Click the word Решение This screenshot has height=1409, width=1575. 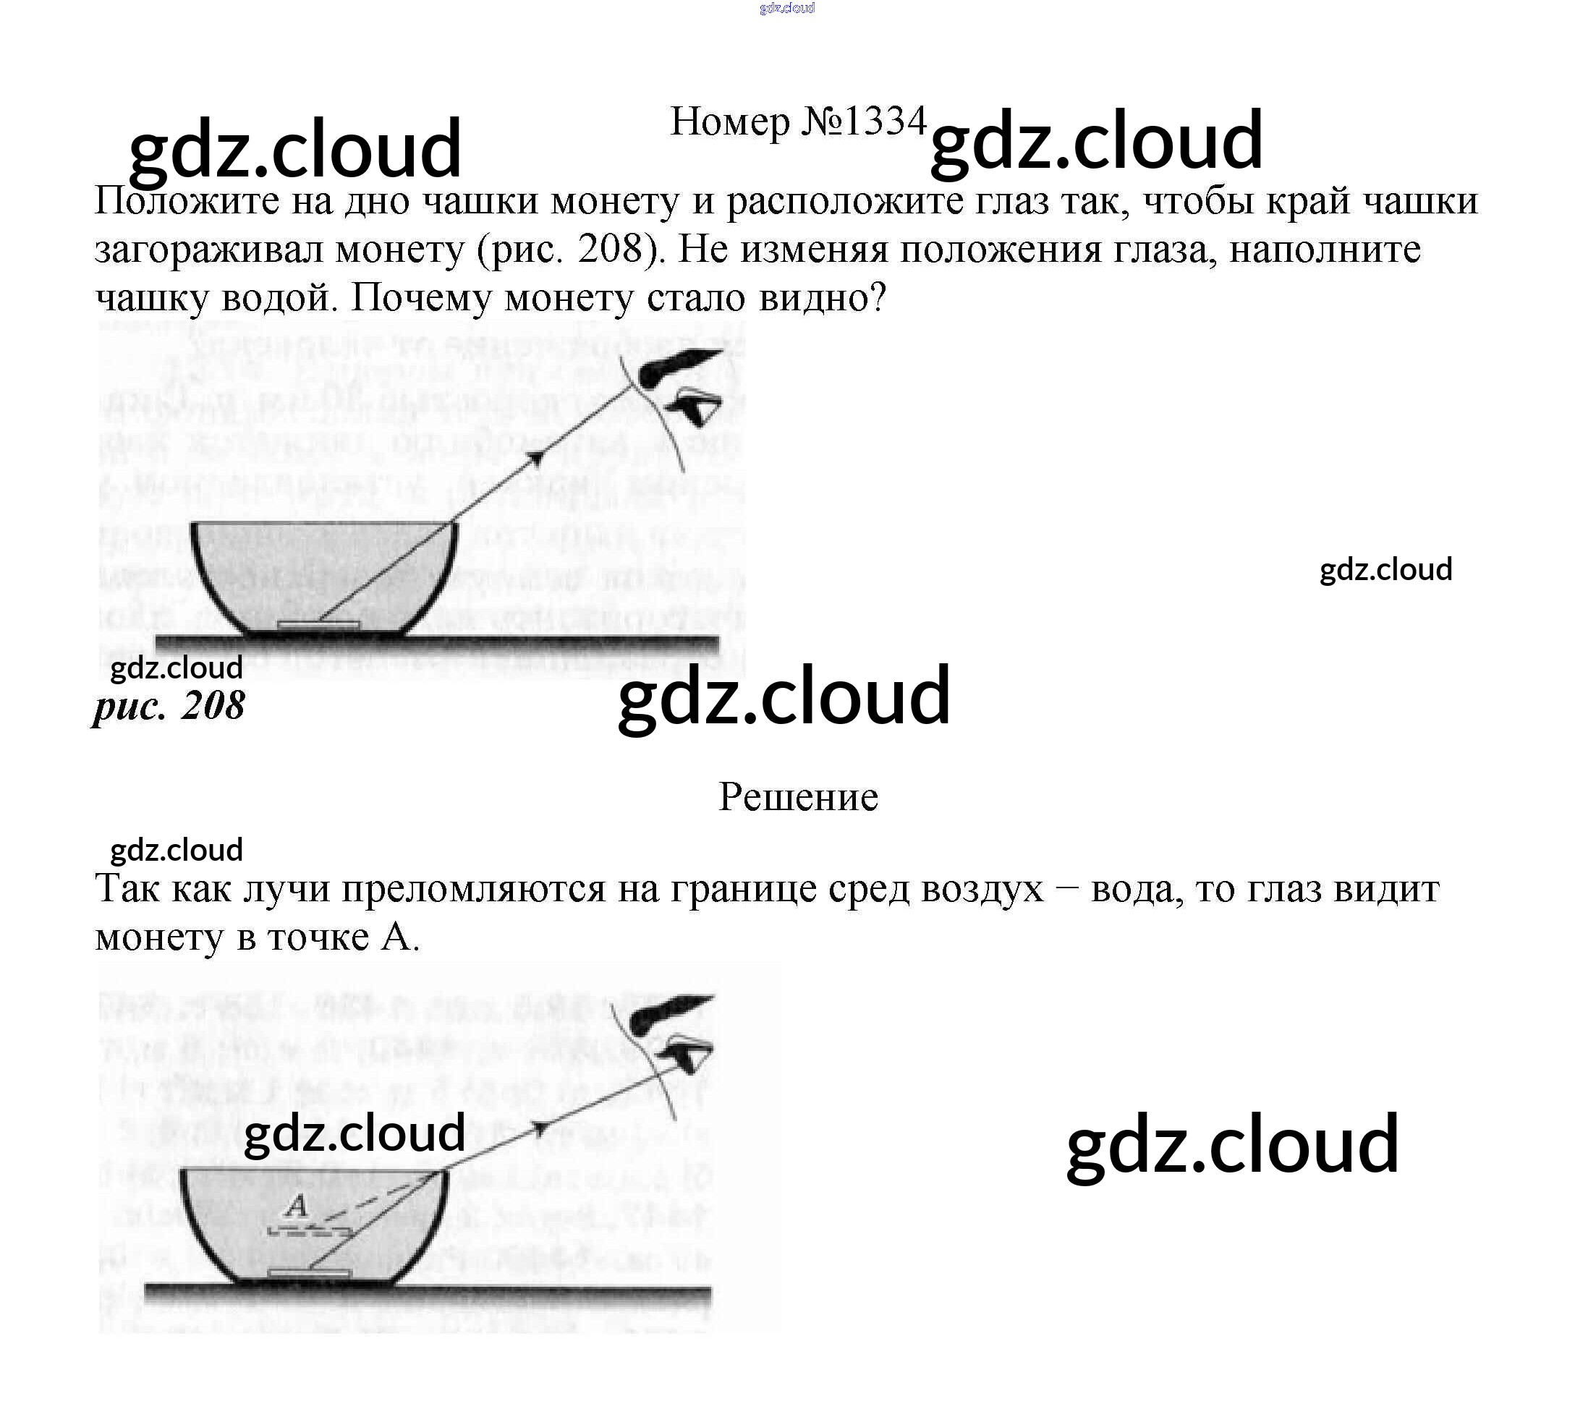[x=797, y=796]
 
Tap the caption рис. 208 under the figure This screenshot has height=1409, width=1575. [x=169, y=706]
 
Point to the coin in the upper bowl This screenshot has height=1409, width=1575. [x=318, y=624]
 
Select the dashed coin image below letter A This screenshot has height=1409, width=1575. [x=308, y=1230]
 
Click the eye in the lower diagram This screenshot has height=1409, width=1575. [x=685, y=1053]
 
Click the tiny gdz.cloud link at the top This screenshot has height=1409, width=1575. [x=786, y=9]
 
